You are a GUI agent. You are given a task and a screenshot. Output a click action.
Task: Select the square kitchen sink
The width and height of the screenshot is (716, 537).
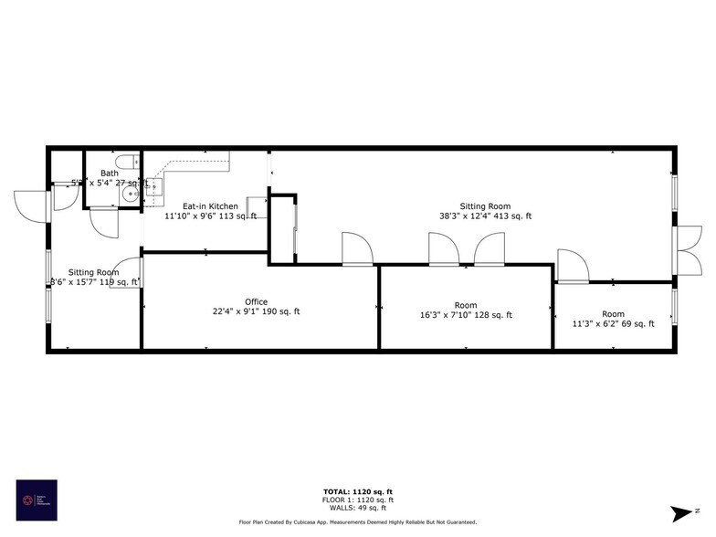[153, 189]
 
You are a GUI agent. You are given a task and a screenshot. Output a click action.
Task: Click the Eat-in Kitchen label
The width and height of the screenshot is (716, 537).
[210, 206]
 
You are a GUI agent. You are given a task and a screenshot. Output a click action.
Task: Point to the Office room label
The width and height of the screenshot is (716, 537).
[256, 301]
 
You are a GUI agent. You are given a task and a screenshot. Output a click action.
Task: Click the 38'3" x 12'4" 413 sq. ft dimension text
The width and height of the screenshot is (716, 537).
[484, 216]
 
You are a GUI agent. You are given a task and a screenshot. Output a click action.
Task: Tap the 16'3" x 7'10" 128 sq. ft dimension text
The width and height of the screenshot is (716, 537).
[465, 315]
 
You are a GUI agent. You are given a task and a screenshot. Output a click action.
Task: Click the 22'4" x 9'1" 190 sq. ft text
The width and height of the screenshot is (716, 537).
[256, 311]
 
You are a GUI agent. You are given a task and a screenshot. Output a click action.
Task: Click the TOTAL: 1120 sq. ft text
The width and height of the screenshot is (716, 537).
[358, 491]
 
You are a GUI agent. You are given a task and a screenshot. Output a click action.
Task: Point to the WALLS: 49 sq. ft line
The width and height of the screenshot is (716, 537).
[358, 508]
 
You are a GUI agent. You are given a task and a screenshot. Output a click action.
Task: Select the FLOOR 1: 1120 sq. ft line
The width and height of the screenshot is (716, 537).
[358, 500]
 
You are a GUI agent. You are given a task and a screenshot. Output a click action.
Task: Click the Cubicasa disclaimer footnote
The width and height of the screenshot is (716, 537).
[358, 522]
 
